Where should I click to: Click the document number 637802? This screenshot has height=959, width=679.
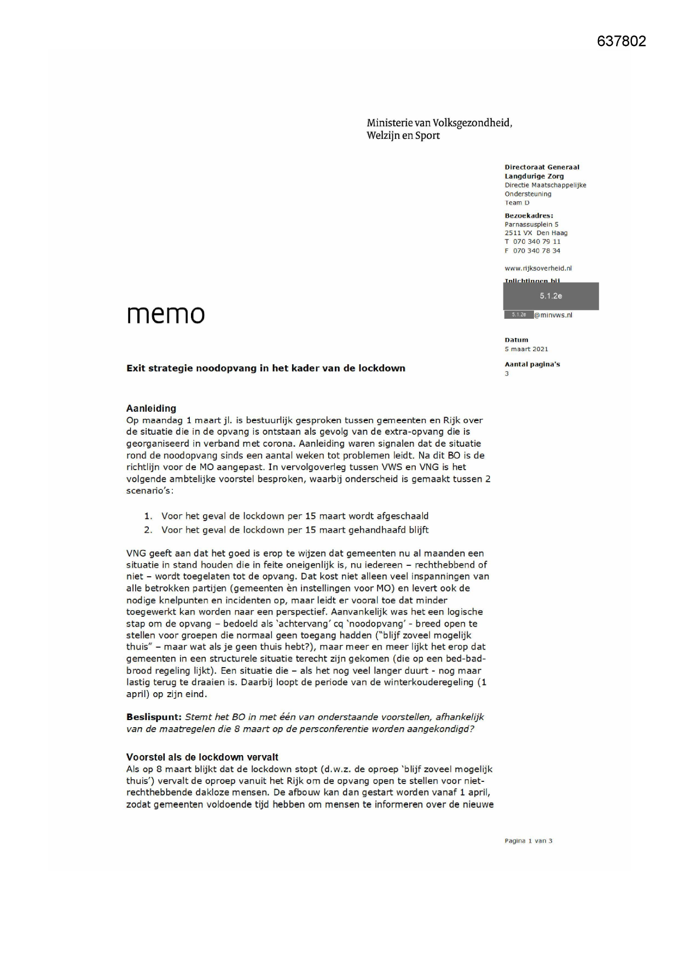coord(621,41)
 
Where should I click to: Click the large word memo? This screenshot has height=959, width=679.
coord(166,314)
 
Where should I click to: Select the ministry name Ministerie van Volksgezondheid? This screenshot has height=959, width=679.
coord(439,123)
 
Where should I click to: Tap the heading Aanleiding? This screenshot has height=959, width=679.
coord(151,408)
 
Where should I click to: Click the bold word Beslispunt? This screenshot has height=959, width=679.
coord(153,717)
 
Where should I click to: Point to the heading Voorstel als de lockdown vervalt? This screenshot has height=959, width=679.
coord(202,757)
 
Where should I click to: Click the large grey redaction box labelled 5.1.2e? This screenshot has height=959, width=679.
coord(550,296)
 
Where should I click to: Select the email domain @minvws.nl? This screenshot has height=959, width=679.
coord(553,315)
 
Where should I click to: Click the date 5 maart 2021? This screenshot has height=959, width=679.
coord(526,349)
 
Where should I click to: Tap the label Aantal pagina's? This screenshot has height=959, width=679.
coord(532,364)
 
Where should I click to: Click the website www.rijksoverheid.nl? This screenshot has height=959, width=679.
coord(538,268)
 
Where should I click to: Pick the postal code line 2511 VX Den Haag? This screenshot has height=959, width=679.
coord(536,233)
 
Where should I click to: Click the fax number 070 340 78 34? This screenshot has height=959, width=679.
coord(536,251)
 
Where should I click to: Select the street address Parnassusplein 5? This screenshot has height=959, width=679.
coord(531,224)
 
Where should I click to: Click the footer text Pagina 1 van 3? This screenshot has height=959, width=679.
coord(528,841)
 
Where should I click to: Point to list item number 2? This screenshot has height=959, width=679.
coord(148,530)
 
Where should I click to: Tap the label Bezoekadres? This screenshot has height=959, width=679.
coord(529,215)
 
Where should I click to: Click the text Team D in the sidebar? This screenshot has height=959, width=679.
coord(516,203)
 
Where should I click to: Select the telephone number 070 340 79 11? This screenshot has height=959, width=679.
coord(536,242)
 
